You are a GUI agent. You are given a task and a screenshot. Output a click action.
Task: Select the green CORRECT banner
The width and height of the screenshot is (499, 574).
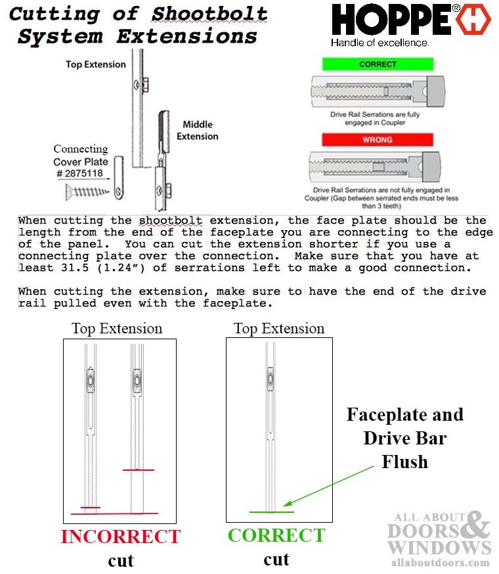378,64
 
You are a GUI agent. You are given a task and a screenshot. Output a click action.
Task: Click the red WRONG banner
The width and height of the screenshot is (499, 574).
378,139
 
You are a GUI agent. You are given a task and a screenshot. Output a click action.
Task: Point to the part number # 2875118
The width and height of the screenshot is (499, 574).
79,173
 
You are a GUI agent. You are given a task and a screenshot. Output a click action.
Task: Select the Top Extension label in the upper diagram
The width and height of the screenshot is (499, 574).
95,64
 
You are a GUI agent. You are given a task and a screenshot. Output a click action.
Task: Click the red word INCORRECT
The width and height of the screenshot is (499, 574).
120,537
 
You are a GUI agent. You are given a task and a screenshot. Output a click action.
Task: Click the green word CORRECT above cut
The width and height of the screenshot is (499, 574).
276,535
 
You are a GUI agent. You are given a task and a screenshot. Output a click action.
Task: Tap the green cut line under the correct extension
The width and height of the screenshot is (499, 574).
271,511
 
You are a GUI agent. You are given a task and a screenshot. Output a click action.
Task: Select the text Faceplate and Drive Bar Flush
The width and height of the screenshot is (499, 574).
404,438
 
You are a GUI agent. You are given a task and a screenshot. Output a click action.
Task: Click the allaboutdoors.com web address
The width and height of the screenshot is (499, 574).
438,563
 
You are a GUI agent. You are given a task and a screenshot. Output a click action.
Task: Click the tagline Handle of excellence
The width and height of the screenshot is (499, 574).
380,43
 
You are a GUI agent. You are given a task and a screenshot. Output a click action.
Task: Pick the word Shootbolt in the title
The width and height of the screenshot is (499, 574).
209,13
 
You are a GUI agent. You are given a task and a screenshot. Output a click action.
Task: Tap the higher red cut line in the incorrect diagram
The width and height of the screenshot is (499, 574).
139,469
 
